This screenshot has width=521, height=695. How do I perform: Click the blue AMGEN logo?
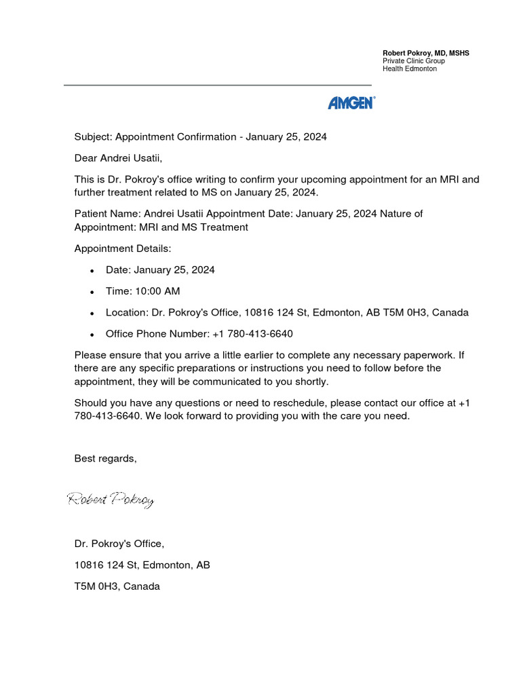(351, 102)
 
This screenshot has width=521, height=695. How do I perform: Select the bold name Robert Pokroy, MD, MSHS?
(431, 53)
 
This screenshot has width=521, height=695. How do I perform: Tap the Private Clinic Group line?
(414, 61)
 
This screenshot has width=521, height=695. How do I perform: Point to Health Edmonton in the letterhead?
(410, 69)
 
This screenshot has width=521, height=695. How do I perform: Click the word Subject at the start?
(92, 137)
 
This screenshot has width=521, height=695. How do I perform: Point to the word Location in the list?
(126, 313)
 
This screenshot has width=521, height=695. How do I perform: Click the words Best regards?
(105, 459)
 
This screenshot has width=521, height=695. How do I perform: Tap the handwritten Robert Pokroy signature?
(111, 500)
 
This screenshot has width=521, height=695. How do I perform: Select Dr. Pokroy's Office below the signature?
(119, 544)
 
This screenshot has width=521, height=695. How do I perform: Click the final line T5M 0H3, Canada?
(117, 586)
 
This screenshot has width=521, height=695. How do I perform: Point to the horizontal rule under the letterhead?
(217, 85)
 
